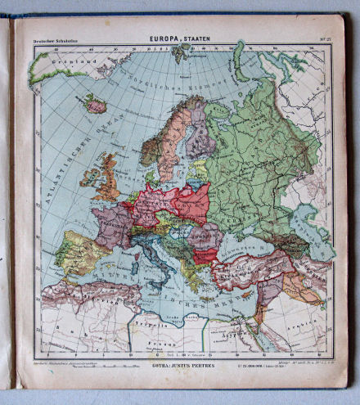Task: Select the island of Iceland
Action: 95,104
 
